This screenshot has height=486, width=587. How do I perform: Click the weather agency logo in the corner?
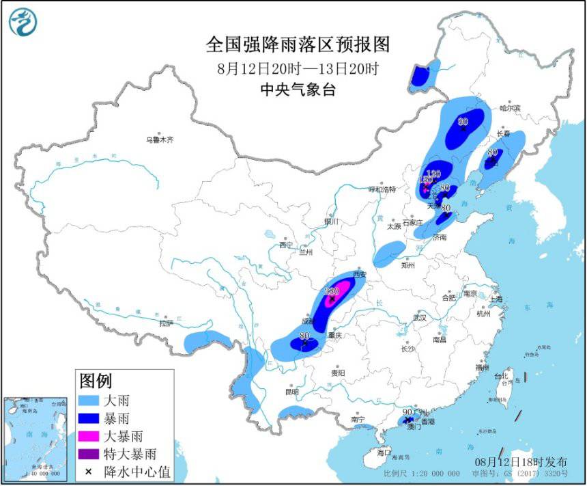coord(23,23)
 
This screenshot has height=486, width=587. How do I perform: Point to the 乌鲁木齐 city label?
coord(159,139)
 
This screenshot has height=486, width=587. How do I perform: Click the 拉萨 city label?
coord(167,323)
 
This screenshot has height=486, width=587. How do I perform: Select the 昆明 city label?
coord(292,392)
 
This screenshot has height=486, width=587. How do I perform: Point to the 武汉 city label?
coord(418,318)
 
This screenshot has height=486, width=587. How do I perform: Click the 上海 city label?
coord(496,299)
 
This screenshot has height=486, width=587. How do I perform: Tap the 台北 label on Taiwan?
coord(501,376)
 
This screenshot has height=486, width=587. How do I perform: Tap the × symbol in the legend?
coord(89,471)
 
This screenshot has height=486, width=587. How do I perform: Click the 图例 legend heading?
coord(96,380)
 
